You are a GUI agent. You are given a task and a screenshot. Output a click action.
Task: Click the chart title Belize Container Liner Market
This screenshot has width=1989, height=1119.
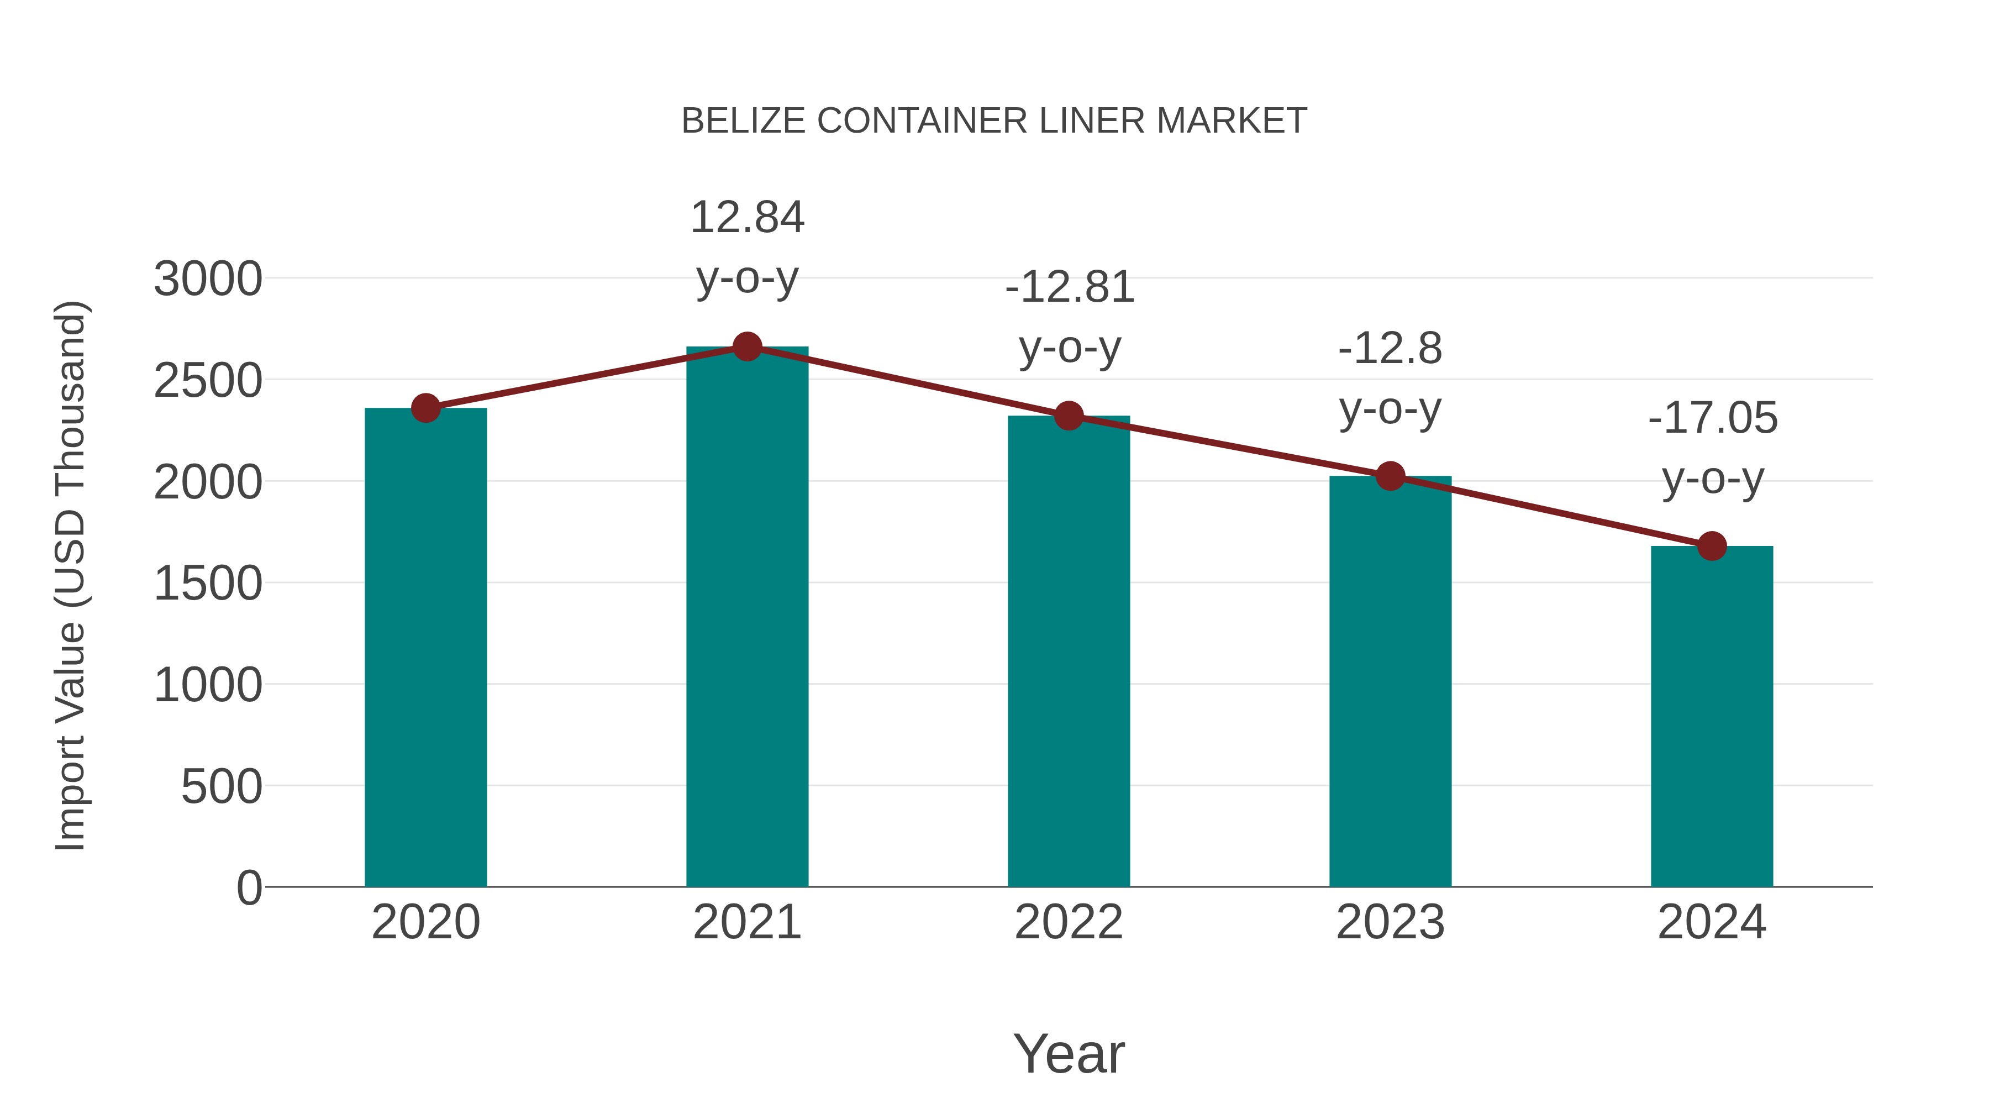(x=994, y=121)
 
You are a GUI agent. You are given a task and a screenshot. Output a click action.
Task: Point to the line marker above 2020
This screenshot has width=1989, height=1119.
(x=425, y=408)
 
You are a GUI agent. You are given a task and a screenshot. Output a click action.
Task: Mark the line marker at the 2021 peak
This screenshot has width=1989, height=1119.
(x=746, y=346)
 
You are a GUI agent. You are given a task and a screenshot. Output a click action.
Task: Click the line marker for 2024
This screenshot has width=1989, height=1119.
(x=1712, y=546)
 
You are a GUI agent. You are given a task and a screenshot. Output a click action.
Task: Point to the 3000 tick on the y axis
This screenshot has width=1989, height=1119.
(x=208, y=279)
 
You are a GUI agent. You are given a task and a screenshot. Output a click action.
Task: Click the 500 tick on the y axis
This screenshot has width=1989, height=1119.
(x=222, y=787)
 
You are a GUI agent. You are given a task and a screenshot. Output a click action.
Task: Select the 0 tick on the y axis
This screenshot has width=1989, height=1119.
(x=249, y=888)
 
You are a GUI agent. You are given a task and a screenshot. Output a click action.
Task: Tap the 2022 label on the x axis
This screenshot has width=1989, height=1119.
(x=1069, y=922)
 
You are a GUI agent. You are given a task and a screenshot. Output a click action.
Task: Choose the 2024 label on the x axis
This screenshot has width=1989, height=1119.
(x=1712, y=922)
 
